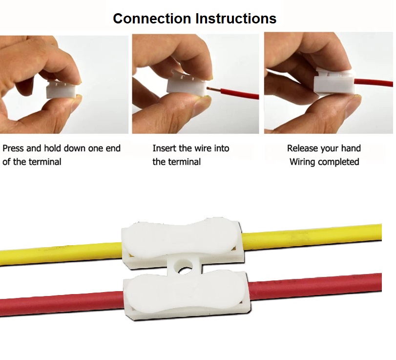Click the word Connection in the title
(x=152, y=19)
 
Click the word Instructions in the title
(x=236, y=19)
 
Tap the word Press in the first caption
(x=13, y=148)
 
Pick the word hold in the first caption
(x=52, y=148)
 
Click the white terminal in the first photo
(x=61, y=89)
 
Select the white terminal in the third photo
(x=334, y=83)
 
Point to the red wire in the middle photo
(x=240, y=93)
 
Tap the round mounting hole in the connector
(x=186, y=268)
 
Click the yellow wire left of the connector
(x=61, y=254)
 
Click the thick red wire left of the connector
(x=62, y=303)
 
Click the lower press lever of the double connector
(x=187, y=293)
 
